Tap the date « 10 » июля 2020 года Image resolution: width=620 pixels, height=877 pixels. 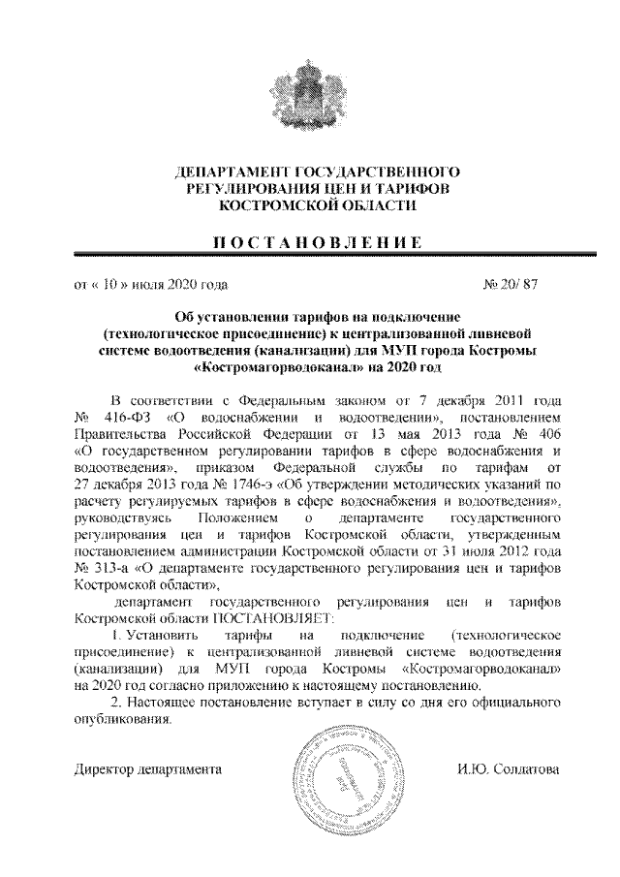click(x=151, y=286)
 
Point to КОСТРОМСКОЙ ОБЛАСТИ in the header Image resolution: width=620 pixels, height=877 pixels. click(x=307, y=205)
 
